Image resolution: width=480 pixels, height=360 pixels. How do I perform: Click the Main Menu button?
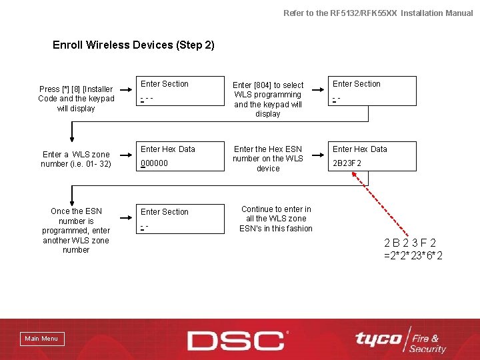pyautogui.click(x=41, y=339)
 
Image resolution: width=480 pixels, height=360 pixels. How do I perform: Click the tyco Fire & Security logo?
pyautogui.click(x=399, y=342)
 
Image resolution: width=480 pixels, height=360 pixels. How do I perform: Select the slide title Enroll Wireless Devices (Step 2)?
pyautogui.click(x=133, y=45)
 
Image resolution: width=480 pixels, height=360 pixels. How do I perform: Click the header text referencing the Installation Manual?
pyautogui.click(x=378, y=13)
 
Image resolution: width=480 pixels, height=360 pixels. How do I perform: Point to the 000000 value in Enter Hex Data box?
pyautogui.click(x=155, y=163)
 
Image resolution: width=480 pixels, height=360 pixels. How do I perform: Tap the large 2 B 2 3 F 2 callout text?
pyautogui.click(x=410, y=243)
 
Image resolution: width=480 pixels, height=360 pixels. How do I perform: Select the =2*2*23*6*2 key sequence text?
pyautogui.click(x=413, y=256)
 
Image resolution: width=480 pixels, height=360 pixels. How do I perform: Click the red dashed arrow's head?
pyautogui.click(x=355, y=175)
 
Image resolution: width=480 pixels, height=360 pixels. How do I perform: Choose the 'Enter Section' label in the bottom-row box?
pyautogui.click(x=165, y=212)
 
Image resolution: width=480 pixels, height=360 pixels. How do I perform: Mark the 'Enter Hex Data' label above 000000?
pyautogui.click(x=168, y=149)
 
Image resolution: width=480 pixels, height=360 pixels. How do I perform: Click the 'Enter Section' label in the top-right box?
pyautogui.click(x=357, y=84)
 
